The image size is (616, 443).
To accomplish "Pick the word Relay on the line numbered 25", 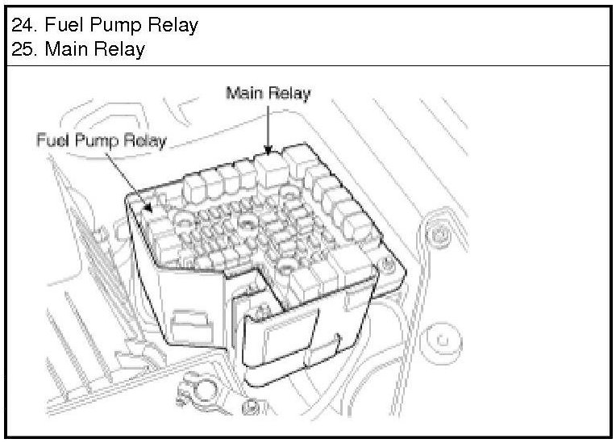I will (120, 49).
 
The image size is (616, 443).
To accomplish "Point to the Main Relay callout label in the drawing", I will (268, 93).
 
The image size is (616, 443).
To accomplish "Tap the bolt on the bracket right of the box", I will (438, 235).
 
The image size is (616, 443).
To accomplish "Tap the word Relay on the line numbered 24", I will (173, 25).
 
